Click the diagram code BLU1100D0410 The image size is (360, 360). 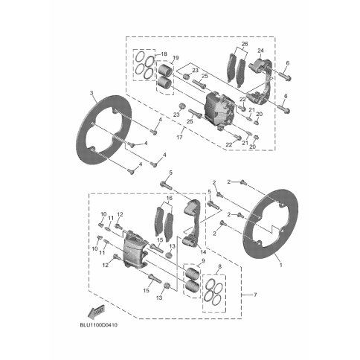pyautogui.click(x=98, y=325)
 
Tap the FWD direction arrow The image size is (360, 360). pyautogui.click(x=96, y=311)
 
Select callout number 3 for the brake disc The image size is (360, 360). pyautogui.click(x=91, y=93)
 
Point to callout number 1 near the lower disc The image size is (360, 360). pyautogui.click(x=281, y=265)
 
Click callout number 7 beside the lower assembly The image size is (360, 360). pyautogui.click(x=255, y=295)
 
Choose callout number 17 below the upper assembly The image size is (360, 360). pyautogui.click(x=179, y=137)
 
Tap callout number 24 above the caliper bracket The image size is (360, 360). pyautogui.click(x=260, y=51)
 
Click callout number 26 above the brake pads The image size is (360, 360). pyautogui.click(x=245, y=44)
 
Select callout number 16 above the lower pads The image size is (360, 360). pyautogui.click(x=170, y=198)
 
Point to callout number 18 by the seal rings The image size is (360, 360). pyautogui.click(x=164, y=54)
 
